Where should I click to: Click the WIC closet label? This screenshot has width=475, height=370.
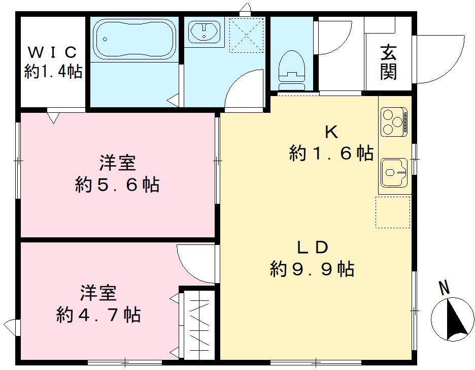[53, 52]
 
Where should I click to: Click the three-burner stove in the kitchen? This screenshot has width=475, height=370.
[394, 122]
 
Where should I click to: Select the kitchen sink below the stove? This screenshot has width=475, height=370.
[394, 171]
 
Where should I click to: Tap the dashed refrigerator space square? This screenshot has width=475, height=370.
[392, 212]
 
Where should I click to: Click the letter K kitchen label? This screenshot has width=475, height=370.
[331, 133]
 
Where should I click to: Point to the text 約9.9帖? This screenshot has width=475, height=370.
[312, 269]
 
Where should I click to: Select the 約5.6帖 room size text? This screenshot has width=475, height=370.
[117, 184]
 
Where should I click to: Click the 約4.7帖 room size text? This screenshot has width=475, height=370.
[98, 315]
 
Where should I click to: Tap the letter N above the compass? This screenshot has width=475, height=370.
[445, 288]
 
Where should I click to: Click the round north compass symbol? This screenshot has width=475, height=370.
[452, 319]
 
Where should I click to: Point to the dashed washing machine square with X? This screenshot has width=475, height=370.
[246, 35]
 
